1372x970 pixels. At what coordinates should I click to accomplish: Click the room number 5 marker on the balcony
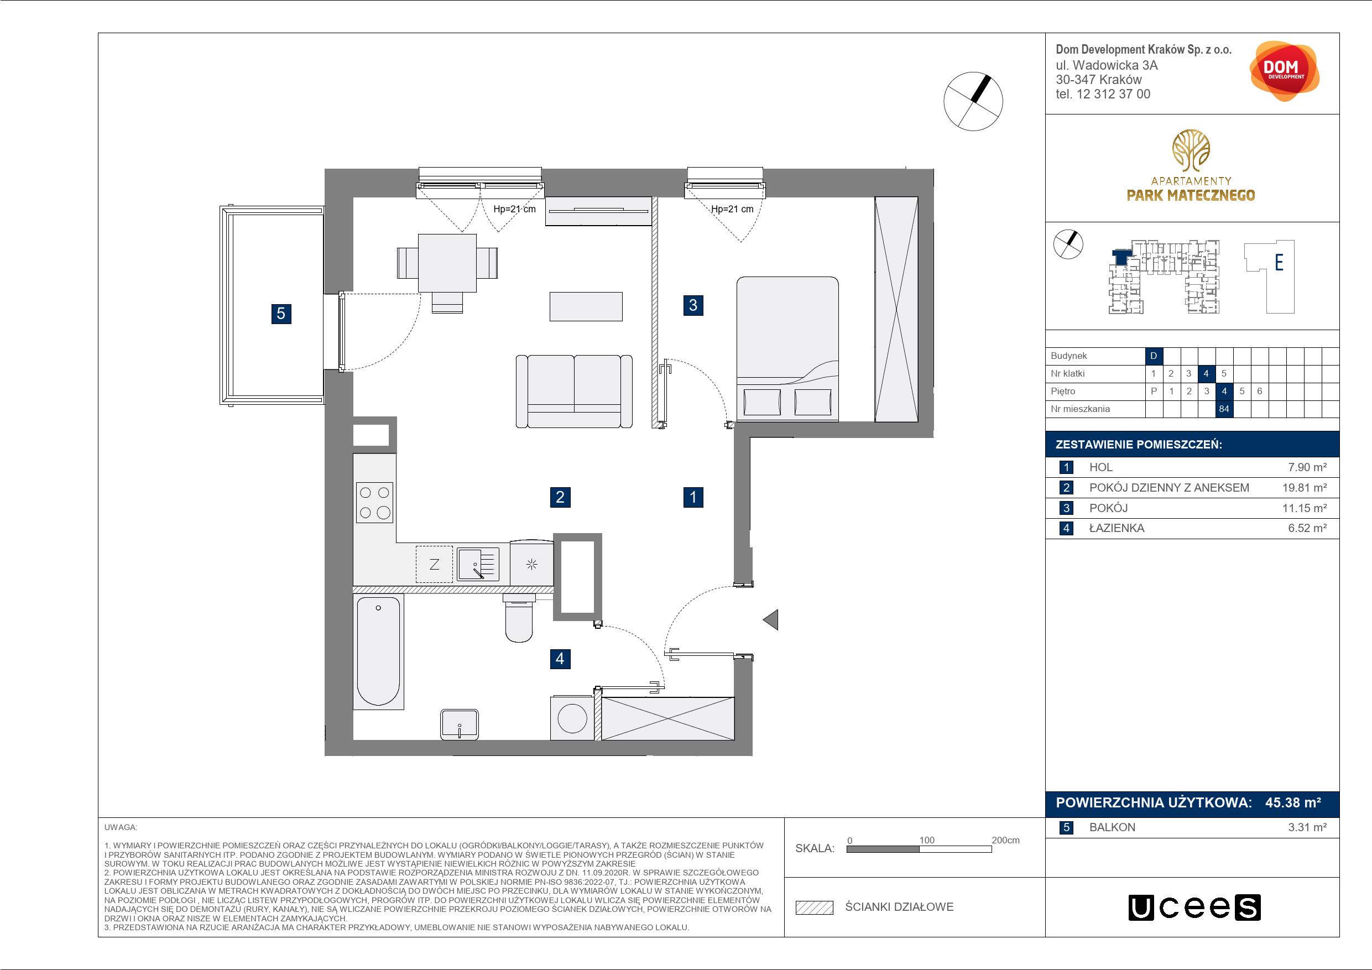click(281, 314)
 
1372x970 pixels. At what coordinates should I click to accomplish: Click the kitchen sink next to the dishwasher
click(478, 564)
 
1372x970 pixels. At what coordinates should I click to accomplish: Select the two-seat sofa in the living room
click(574, 392)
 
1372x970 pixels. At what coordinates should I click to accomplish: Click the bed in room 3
click(787, 349)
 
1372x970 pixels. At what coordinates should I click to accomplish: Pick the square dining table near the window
click(447, 263)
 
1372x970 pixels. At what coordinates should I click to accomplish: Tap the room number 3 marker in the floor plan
click(693, 305)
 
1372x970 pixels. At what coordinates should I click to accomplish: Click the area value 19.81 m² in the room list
click(1305, 488)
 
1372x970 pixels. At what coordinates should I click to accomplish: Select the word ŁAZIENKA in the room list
click(1117, 528)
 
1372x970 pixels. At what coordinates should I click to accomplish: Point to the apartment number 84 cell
click(1224, 409)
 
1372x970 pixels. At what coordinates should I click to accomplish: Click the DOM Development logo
click(1284, 71)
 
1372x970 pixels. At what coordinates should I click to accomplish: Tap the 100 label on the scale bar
click(927, 839)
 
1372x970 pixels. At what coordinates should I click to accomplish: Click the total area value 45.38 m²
click(1293, 802)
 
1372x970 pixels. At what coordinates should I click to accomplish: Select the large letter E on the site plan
click(1279, 262)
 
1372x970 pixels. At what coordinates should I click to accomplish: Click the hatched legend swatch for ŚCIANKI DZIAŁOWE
click(815, 908)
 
